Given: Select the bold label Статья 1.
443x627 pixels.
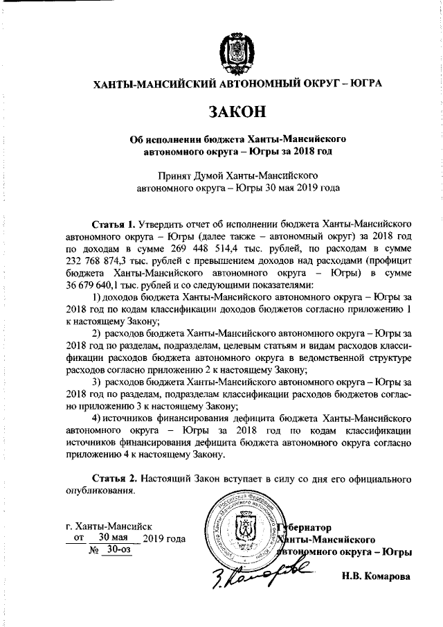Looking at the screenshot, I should pos(114,224).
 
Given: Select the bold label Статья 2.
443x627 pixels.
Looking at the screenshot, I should pos(114,479).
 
